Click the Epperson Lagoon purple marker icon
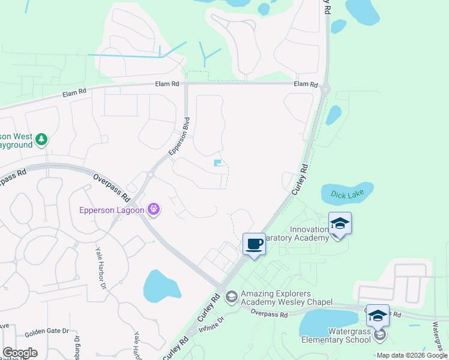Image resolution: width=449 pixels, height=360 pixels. tap(154, 209)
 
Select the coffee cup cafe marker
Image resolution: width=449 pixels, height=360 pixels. tap(254, 244)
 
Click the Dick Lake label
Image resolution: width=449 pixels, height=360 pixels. tap(347, 194)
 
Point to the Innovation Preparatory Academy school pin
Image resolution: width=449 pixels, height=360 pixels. tap(340, 224)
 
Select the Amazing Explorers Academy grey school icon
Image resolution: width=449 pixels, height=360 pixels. tap(231, 297)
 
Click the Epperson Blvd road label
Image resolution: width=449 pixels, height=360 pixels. tap(179, 136)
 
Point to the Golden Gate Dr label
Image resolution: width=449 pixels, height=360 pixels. tap(47, 331)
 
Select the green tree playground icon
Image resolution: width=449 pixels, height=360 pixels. tap(41, 140)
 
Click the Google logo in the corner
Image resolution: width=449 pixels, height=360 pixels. tap(19, 353)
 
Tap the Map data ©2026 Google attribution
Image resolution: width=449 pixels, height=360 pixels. tap(412, 355)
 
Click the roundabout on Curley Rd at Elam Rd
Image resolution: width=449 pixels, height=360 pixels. tap(324, 90)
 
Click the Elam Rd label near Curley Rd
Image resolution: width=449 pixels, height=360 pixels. tap(305, 85)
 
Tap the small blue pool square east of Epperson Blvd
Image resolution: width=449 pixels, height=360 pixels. tap(217, 163)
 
